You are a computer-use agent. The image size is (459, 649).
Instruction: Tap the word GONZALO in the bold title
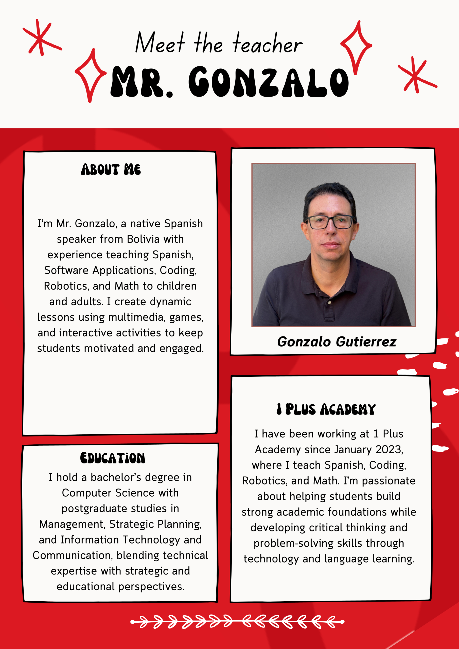[268, 82]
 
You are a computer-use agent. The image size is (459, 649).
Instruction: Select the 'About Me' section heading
[111, 169]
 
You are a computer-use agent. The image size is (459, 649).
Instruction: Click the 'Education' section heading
[113, 458]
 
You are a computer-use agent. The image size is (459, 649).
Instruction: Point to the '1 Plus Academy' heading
[326, 409]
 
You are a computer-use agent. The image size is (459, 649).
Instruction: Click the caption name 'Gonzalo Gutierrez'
[337, 342]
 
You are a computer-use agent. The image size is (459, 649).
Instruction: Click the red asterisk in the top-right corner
[415, 76]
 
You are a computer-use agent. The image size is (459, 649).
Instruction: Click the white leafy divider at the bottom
[237, 622]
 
